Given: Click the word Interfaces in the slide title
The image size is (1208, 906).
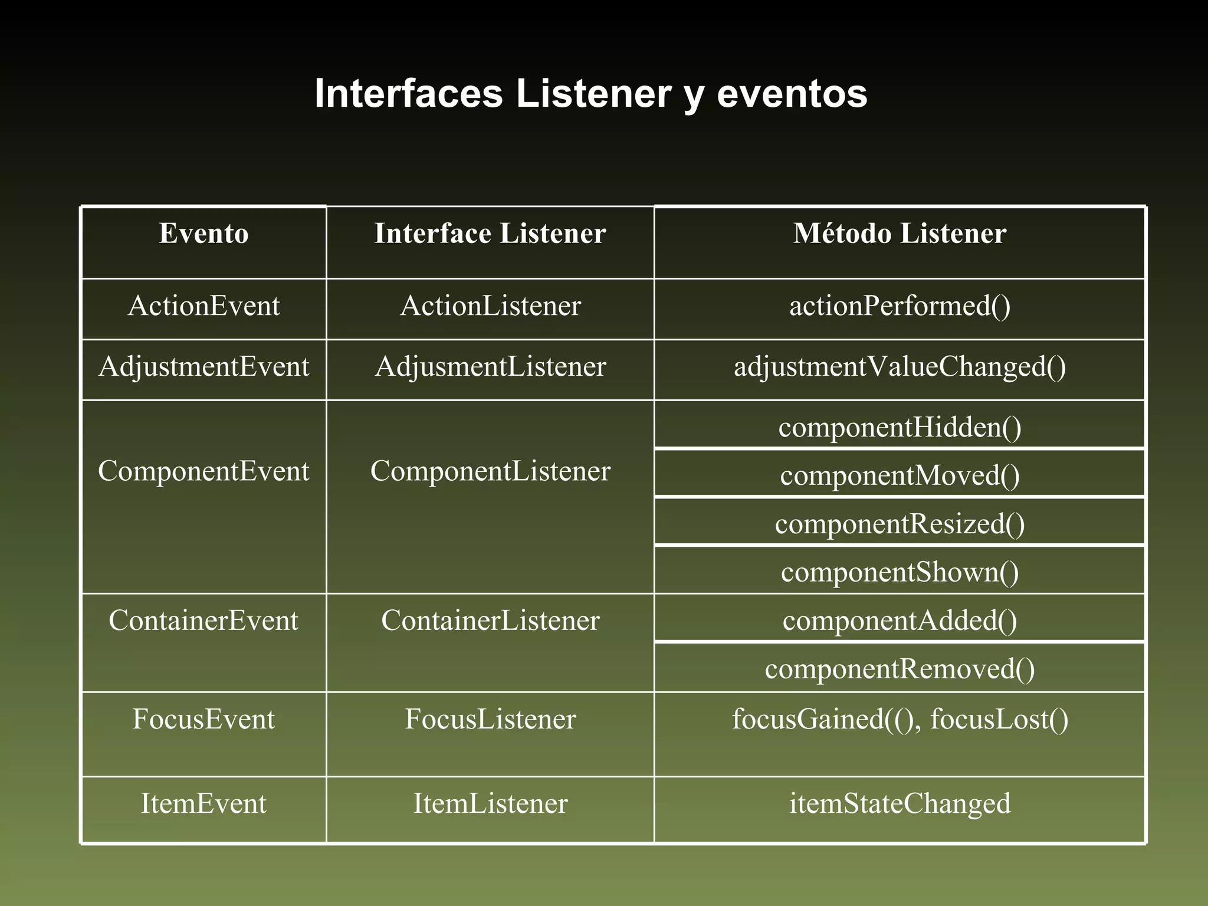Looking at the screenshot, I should pyautogui.click(x=408, y=93).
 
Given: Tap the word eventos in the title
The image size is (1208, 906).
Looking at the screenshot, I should pyautogui.click(x=792, y=93).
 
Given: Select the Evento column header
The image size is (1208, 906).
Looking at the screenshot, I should pyautogui.click(x=203, y=234).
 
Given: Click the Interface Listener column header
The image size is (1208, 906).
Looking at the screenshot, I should pyautogui.click(x=490, y=234).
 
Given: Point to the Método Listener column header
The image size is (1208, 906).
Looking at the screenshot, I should pyautogui.click(x=900, y=234).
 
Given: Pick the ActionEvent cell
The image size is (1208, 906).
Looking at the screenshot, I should pyautogui.click(x=203, y=306).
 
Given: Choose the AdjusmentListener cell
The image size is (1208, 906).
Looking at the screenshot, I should pyautogui.click(x=490, y=367).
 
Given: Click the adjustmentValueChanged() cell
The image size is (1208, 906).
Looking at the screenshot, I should pyautogui.click(x=900, y=367).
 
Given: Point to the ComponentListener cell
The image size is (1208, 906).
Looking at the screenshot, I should pyautogui.click(x=490, y=471).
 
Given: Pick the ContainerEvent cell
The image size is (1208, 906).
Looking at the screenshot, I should pyautogui.click(x=203, y=621).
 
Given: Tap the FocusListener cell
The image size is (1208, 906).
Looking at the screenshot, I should pyautogui.click(x=490, y=720).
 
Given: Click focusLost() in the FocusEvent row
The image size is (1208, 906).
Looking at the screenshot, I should pyautogui.click(x=999, y=720).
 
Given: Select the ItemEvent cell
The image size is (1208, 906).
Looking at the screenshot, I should pyautogui.click(x=203, y=804).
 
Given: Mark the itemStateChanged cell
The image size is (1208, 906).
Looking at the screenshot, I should pyautogui.click(x=900, y=804).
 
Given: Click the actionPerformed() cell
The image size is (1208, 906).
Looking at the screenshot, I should pyautogui.click(x=900, y=306).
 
